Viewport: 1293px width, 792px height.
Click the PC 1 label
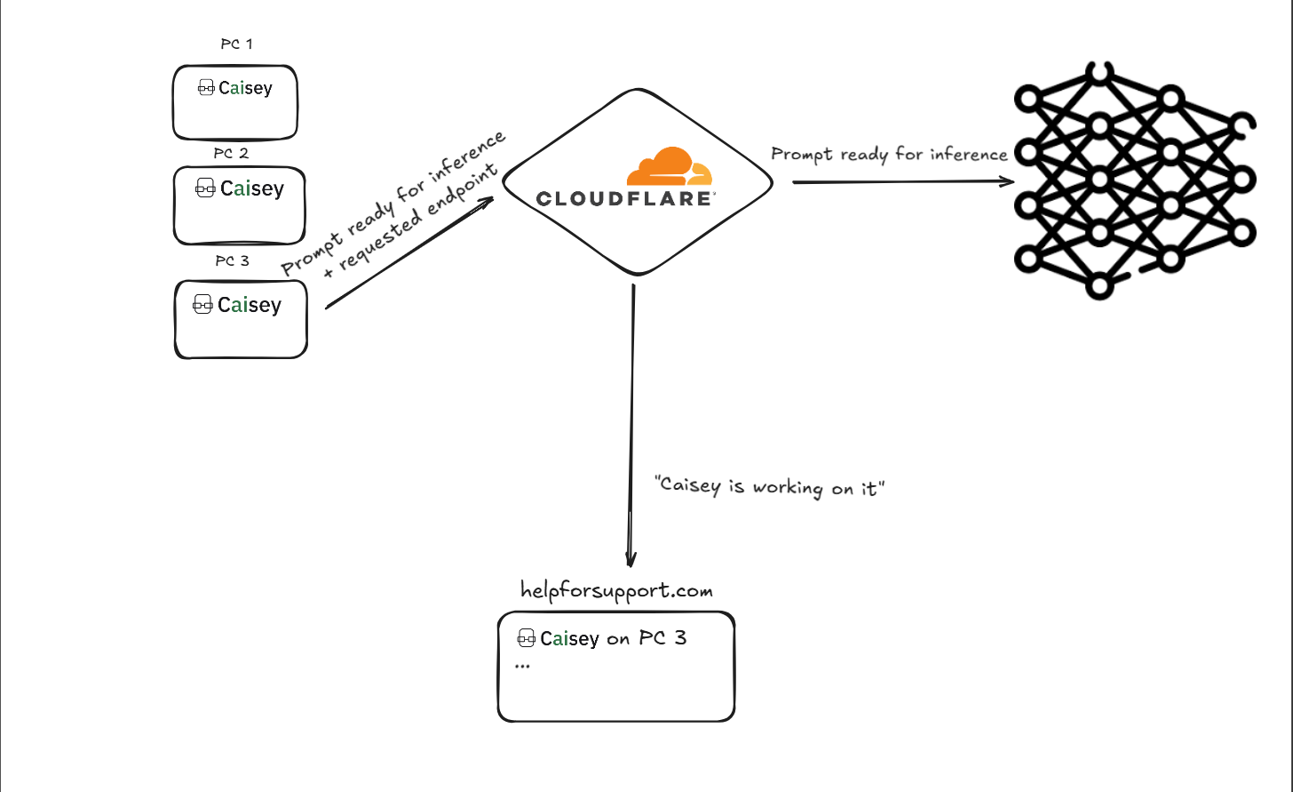pos(236,44)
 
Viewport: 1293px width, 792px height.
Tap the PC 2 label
pos(231,153)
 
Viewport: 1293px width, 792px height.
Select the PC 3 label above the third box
pos(232,260)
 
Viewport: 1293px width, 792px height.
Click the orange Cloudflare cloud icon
pos(670,166)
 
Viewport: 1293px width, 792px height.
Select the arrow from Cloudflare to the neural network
pos(903,182)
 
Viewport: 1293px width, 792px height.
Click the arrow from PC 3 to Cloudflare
pos(410,252)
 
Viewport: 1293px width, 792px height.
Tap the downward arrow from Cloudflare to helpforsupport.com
pos(632,426)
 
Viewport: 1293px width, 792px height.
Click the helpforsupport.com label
pos(616,591)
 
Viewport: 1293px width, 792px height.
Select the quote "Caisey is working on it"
pos(769,487)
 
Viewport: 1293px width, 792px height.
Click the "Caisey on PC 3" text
pos(613,638)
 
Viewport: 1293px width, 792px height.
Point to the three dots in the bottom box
pos(522,667)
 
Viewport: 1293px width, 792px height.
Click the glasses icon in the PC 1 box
pos(206,88)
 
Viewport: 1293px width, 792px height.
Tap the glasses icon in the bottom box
pos(526,637)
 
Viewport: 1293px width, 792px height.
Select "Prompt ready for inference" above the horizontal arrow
pos(890,155)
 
